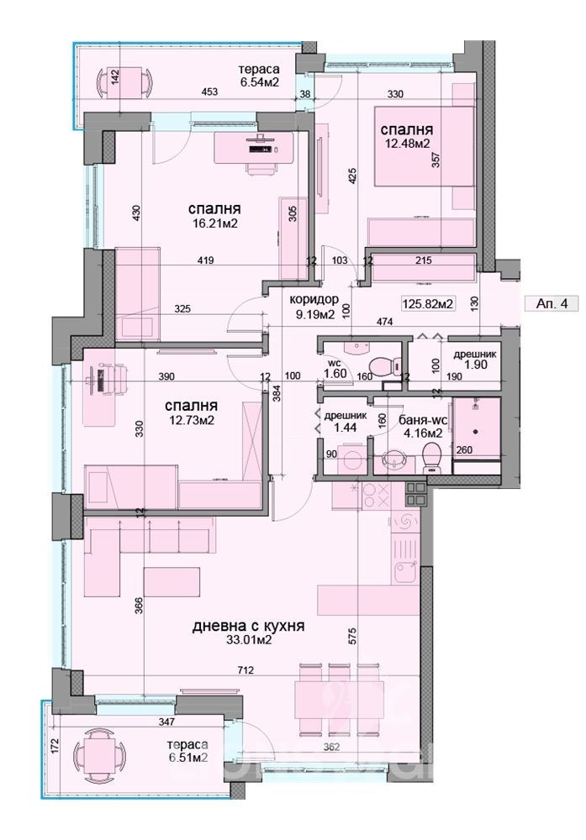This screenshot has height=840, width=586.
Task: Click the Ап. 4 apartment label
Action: pos(552,304)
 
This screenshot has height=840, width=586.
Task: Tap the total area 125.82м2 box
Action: pos(428,304)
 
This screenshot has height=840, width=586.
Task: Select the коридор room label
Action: pos(314,300)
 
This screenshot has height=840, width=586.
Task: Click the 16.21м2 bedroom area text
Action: pos(213,223)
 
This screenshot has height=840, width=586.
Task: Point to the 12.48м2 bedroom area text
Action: pos(407,143)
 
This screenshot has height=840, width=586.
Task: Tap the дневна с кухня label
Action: pos(248,626)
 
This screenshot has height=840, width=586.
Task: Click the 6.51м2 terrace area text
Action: pos(187,758)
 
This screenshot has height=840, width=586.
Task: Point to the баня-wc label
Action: pos(420,421)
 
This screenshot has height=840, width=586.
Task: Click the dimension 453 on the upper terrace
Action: pos(209,92)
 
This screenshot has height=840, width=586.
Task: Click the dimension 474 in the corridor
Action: pos(385,322)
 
